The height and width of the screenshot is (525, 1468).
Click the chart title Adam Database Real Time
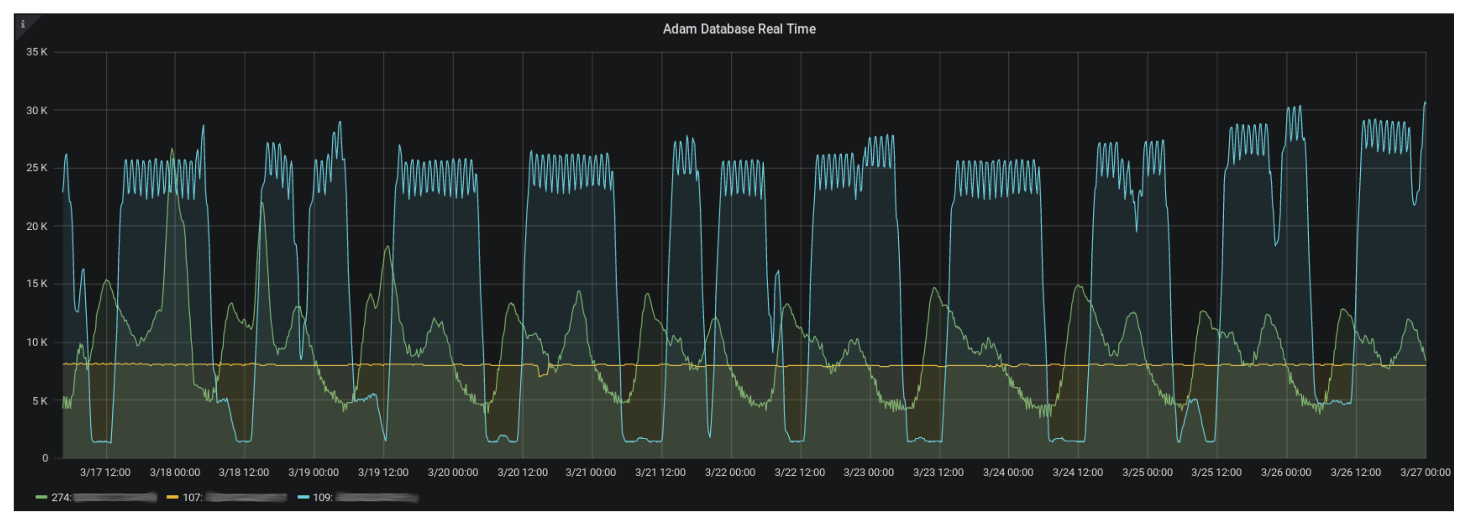pyautogui.click(x=738, y=29)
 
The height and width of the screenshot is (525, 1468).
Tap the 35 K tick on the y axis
pyautogui.click(x=36, y=52)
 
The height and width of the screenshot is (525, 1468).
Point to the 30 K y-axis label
pyautogui.click(x=36, y=110)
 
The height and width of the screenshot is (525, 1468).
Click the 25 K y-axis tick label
pyautogui.click(x=36, y=168)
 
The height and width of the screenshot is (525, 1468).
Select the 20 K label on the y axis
pyautogui.click(x=36, y=227)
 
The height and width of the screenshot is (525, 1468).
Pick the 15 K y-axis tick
pyautogui.click(x=36, y=284)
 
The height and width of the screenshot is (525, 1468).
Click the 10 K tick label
pyautogui.click(x=36, y=342)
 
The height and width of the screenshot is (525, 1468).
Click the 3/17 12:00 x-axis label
pyautogui.click(x=105, y=472)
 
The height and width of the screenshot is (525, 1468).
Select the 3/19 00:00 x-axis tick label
pyautogui.click(x=313, y=472)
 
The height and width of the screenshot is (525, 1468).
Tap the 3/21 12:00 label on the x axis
pyautogui.click(x=660, y=472)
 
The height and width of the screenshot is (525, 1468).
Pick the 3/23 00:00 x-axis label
pyautogui.click(x=869, y=472)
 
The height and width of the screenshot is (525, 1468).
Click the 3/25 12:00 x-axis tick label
pyautogui.click(x=1216, y=472)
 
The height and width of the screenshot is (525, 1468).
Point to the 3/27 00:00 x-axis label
pyautogui.click(x=1425, y=472)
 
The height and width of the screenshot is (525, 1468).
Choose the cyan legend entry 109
pyautogui.click(x=322, y=498)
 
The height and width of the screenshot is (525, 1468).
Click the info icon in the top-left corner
pyautogui.click(x=23, y=24)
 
